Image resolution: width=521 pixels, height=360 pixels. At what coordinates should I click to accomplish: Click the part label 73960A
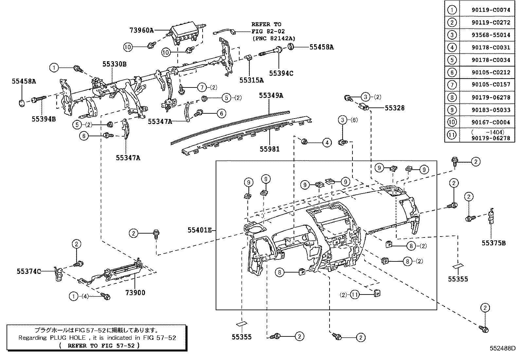[x=141, y=30]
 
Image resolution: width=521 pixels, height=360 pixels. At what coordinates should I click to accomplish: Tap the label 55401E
[x=200, y=230]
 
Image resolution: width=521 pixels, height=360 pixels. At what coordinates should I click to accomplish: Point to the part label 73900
[x=135, y=293]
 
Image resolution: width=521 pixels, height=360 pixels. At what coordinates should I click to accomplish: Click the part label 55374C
[x=29, y=271]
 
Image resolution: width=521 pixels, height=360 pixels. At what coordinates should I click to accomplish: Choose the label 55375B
[x=494, y=243]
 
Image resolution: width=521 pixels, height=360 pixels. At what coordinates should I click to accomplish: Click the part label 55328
[x=394, y=108]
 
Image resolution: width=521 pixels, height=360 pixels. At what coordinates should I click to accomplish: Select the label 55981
[x=270, y=149]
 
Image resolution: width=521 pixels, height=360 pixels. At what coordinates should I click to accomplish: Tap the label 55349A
[x=271, y=95]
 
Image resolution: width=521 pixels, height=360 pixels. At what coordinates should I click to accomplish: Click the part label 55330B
[x=114, y=64]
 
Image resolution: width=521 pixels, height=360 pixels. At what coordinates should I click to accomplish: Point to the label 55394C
[x=281, y=73]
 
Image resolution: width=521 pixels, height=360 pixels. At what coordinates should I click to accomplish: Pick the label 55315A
[x=251, y=80]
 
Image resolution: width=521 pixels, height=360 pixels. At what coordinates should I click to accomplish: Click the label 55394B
[x=44, y=119]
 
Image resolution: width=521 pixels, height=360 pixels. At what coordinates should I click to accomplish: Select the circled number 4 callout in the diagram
[x=327, y=142]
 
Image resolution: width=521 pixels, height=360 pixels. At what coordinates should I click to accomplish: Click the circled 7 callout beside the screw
[x=202, y=87]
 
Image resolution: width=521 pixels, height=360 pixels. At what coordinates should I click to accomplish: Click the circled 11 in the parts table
[x=452, y=135]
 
